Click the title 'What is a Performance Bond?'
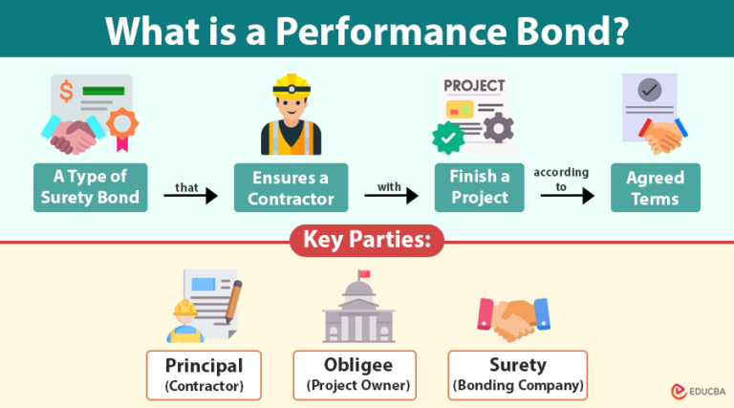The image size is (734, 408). pyautogui.click(x=367, y=30)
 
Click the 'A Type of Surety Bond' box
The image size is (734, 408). pyautogui.click(x=90, y=187)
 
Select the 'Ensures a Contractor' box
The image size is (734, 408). pyautogui.click(x=291, y=187)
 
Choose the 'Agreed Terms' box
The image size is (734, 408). pyautogui.click(x=655, y=187)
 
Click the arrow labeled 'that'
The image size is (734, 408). pyautogui.click(x=190, y=197)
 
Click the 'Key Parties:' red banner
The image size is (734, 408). pyautogui.click(x=367, y=241)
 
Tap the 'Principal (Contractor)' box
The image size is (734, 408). pyautogui.click(x=205, y=375)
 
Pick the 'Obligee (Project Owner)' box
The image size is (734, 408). pyautogui.click(x=355, y=375)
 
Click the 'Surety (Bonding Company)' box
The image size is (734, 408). pyautogui.click(x=517, y=375)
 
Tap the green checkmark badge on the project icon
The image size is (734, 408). pyautogui.click(x=446, y=140)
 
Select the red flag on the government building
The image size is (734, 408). pyautogui.click(x=363, y=276)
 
